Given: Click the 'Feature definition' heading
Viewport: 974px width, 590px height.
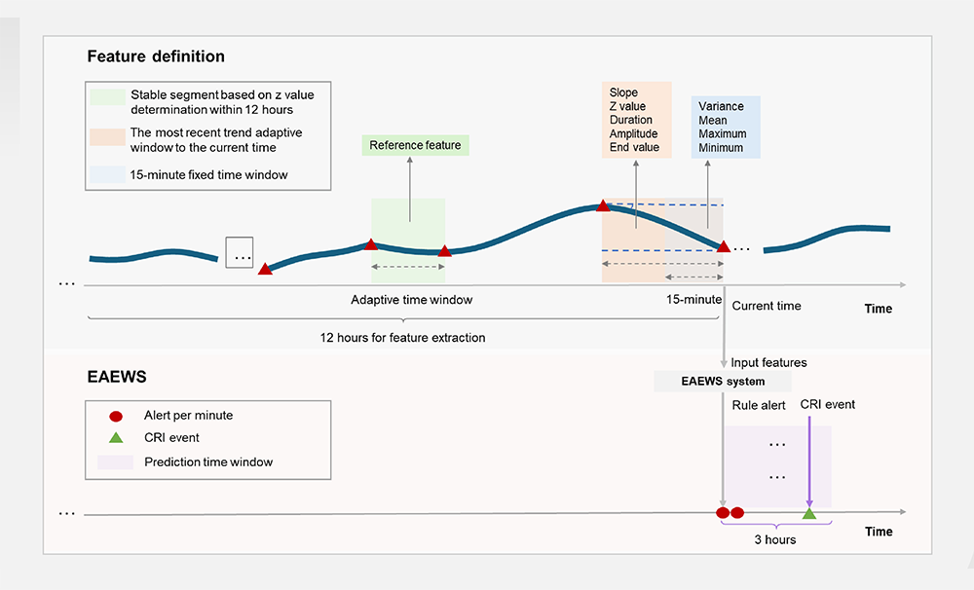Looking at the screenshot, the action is coord(156,56).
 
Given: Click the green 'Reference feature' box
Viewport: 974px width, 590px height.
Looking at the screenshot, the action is coord(416,145).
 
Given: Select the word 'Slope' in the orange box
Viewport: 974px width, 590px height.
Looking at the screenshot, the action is coord(623,92).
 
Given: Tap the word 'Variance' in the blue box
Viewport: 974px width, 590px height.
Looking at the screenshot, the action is coord(721,106).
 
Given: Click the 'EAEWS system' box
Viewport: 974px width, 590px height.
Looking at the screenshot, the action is coord(723,382).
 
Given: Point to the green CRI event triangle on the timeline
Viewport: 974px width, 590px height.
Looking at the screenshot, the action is coord(808,513).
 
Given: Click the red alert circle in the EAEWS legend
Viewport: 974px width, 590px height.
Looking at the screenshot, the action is coord(116,416).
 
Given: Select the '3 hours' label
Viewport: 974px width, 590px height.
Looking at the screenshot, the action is coord(775,539).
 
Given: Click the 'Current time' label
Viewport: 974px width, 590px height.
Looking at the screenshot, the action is coord(767,306).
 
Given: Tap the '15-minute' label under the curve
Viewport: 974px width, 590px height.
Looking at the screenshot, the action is coord(693,299).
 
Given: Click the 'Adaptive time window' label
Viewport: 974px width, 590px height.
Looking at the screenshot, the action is coord(412,300).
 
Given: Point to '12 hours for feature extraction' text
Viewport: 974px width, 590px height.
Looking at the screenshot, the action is coord(402,338).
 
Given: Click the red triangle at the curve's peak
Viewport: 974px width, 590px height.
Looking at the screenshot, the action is coord(603,205).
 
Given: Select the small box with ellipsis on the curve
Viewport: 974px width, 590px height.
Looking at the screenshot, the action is coord(240,253).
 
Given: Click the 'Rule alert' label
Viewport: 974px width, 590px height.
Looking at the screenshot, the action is coord(759,406).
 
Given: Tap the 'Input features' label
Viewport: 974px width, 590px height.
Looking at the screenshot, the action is coord(769,363).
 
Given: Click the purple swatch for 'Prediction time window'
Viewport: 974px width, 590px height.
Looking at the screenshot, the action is coord(115,462).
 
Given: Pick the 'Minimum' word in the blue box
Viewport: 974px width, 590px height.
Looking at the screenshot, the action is coord(721,148).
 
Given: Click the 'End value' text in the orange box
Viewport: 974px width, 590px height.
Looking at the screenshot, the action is coord(634,147).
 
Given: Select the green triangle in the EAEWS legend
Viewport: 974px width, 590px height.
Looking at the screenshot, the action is coord(116,437).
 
